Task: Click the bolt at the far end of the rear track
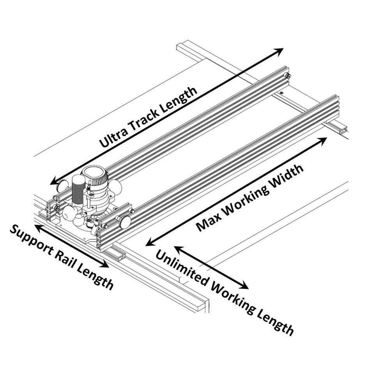pyautogui.click(x=287, y=76)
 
